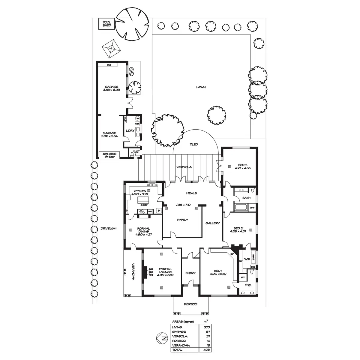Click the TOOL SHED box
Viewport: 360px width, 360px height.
pos(107,24)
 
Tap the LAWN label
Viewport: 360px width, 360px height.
pos(201,87)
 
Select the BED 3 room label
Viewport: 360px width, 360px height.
pos(243,165)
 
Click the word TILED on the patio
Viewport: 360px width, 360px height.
pos(194,145)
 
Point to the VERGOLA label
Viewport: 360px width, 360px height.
pos(184,167)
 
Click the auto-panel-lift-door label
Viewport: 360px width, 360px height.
pos(109,155)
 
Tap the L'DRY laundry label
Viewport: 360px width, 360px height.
pos(130,130)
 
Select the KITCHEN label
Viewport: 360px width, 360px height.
pos(140,191)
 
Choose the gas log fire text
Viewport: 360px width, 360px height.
pos(151,271)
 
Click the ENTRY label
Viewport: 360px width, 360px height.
pos(190,273)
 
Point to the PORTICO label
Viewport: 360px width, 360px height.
pos(191,304)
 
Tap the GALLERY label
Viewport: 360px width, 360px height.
pos(213,223)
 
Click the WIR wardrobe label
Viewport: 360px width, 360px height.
pos(247,259)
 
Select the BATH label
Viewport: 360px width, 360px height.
pos(246,198)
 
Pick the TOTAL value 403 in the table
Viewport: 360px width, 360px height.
pos(206,350)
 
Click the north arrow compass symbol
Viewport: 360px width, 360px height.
pos(161,339)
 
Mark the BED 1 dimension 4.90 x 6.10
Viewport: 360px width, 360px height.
pos(218,274)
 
